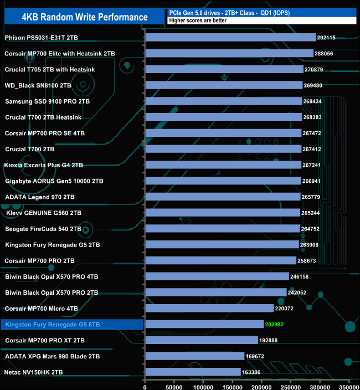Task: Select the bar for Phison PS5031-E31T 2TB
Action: pos(230,38)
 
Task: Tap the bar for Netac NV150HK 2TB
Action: pos(193,372)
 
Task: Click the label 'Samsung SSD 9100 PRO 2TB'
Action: pos(47,101)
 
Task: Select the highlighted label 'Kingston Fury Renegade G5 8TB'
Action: pos(52,325)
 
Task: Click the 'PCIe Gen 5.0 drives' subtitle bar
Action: pos(260,12)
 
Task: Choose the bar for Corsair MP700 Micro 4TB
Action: pos(209,309)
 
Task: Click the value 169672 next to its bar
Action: pos(256,356)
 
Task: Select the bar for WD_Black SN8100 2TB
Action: pos(224,85)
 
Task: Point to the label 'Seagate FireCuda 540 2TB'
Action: pos(43,229)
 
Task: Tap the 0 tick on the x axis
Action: pos(145,383)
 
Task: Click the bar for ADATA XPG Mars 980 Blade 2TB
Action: pos(194,356)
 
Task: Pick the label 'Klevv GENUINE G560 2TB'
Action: pos(44,213)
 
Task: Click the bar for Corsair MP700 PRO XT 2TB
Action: pos(202,340)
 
